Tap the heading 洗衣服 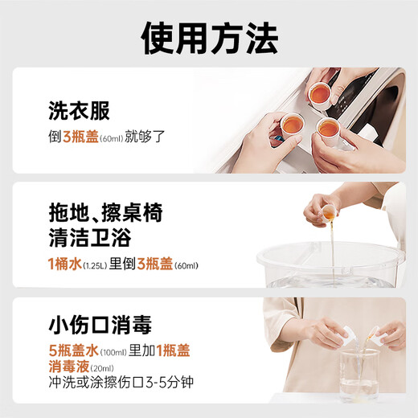coord(79,111)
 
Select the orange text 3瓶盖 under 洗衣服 coord(80,136)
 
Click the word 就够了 coord(146,136)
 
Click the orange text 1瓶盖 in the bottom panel coord(175,351)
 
